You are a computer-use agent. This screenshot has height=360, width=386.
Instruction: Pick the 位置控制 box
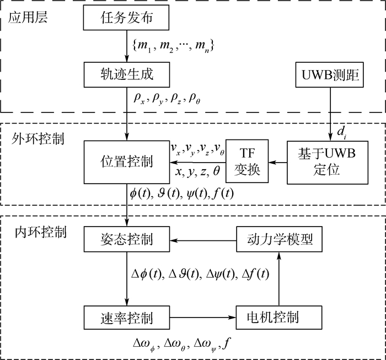point(127,163)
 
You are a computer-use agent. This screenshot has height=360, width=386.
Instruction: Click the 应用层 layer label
point(28,17)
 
